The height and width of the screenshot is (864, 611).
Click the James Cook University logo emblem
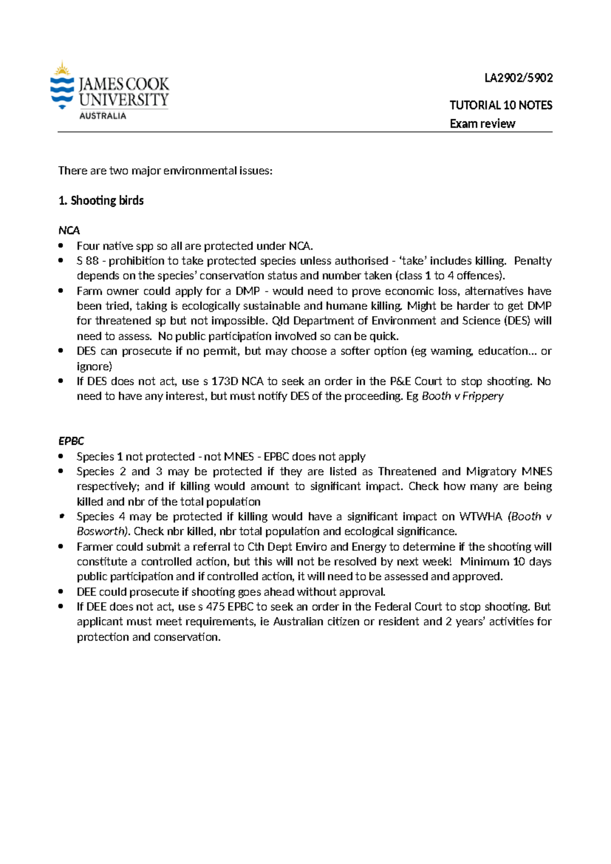click(x=62, y=86)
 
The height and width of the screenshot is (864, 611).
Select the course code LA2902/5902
click(x=518, y=78)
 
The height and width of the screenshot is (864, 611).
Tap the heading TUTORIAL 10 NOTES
click(x=501, y=105)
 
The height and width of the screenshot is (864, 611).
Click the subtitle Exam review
click(x=482, y=124)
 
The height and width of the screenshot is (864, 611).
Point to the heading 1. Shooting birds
click(x=101, y=201)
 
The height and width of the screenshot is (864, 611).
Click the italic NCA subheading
click(x=69, y=230)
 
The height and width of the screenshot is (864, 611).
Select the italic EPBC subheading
click(x=71, y=441)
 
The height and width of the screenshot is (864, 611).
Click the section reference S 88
click(x=87, y=261)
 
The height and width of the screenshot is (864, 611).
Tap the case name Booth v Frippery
click(x=462, y=396)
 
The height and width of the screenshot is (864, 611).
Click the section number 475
click(x=215, y=607)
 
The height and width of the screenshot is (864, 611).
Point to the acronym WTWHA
click(x=481, y=517)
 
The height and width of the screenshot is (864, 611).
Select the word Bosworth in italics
click(x=101, y=531)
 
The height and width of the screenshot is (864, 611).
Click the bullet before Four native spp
click(x=61, y=246)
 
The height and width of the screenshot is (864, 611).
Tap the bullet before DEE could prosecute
click(x=61, y=592)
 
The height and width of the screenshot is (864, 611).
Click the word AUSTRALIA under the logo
click(x=102, y=116)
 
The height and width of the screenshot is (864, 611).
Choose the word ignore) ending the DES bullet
click(x=94, y=366)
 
